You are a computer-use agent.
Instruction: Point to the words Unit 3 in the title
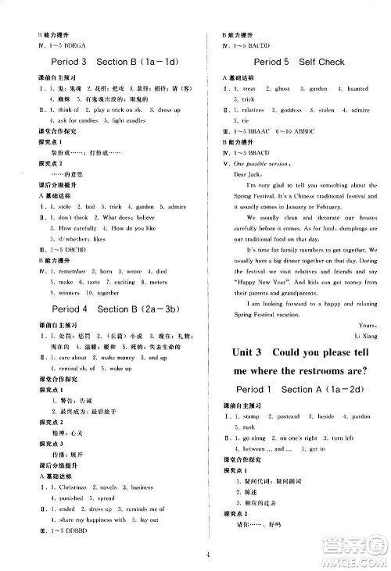click(250, 352)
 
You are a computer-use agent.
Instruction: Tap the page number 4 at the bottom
click(195, 555)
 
